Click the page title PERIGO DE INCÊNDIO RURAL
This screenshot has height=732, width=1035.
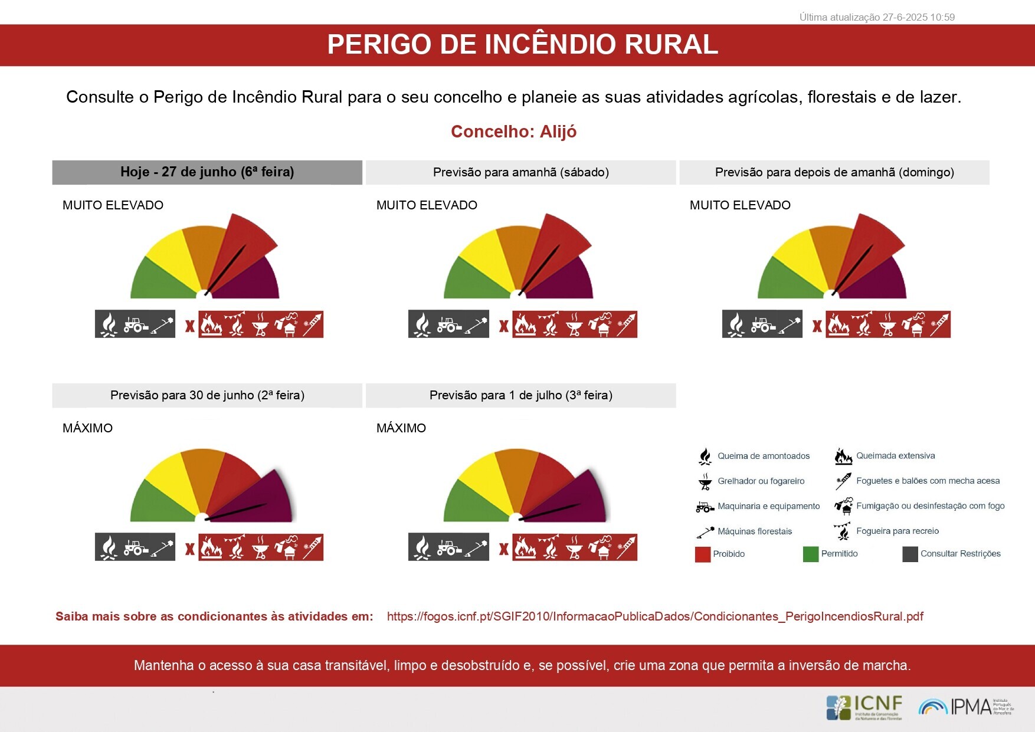[x=522, y=45]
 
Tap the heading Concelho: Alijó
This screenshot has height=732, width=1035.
[x=513, y=132]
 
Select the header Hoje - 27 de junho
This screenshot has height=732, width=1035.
[x=207, y=172]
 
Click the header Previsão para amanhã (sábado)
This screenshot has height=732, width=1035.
[x=520, y=172]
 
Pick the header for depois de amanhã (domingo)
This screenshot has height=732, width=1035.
[x=834, y=172]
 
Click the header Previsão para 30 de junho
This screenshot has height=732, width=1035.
[x=207, y=395]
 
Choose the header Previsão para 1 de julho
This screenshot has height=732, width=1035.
[x=520, y=395]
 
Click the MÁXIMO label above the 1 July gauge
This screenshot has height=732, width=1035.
[x=401, y=428]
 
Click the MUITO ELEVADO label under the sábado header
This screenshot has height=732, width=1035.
[x=427, y=205]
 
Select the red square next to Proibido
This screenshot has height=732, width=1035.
[x=702, y=554]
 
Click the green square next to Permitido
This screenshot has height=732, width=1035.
[x=810, y=554]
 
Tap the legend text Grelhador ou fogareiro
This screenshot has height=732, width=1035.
[x=761, y=481]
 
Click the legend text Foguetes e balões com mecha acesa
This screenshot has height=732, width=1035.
[x=928, y=481]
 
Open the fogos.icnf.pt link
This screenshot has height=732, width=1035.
[x=654, y=616]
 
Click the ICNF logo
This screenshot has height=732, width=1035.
[x=864, y=707]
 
